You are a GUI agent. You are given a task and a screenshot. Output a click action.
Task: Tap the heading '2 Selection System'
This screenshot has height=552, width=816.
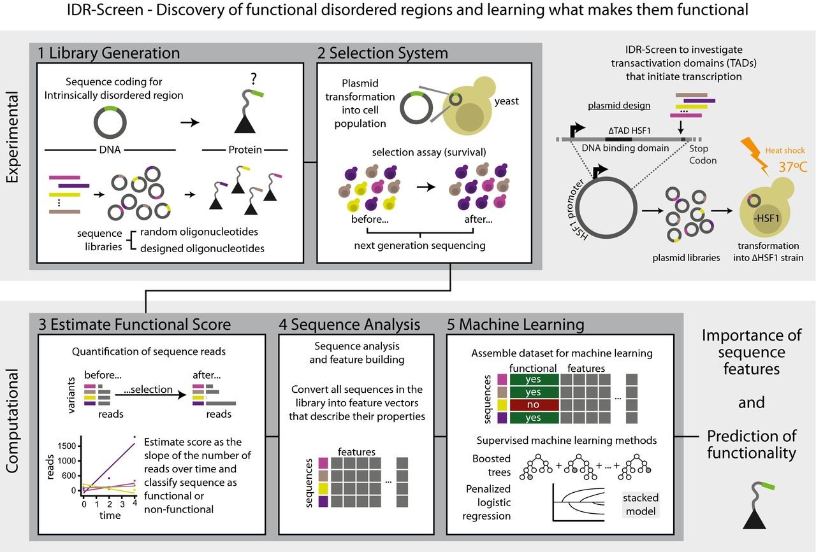pos(382,52)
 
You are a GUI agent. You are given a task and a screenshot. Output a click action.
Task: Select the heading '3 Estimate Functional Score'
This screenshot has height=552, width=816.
pos(135,324)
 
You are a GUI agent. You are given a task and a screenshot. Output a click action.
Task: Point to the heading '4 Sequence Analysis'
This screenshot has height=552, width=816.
pos(349,324)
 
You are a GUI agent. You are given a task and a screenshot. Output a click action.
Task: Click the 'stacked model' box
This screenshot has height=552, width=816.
pos(641,504)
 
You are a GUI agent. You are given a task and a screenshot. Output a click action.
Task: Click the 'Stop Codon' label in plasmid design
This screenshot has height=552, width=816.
pos(703,154)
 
